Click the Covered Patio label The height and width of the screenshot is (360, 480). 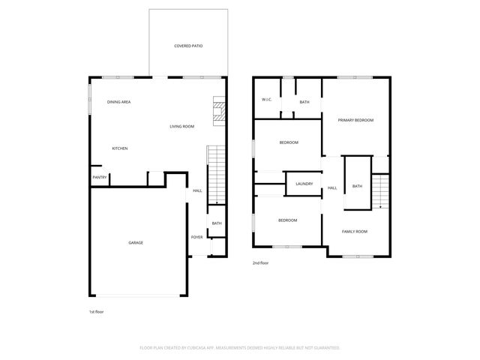188,46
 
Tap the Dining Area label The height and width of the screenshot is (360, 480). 119,101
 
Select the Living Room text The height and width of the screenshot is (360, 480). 181,126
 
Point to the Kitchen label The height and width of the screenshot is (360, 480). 120,148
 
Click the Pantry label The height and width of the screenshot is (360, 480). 99,178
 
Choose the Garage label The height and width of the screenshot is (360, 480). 136,242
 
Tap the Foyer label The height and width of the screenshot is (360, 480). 196,237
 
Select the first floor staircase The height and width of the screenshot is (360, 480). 215,174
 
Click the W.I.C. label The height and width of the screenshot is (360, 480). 266,100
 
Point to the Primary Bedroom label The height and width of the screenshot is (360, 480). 355,120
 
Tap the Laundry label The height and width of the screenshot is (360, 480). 304,184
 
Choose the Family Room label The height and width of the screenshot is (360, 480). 355,232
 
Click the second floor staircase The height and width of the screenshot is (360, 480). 382,190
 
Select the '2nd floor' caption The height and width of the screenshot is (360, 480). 260,263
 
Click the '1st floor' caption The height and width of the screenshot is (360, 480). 96,310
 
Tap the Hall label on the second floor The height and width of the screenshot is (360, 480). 332,187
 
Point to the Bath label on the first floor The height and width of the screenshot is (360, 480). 216,223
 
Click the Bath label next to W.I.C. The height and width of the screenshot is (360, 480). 304,102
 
